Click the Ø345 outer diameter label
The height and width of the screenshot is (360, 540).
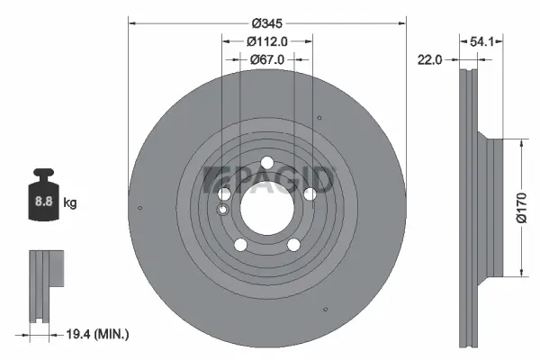point(267,21)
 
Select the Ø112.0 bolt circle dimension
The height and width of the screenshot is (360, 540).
point(267,40)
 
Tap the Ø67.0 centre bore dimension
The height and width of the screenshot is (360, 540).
point(267,59)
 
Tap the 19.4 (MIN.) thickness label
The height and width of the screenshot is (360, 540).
point(99,334)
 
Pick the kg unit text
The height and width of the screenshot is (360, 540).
point(70,203)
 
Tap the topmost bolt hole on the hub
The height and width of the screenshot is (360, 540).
point(267,163)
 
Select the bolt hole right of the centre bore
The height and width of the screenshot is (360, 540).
point(310,192)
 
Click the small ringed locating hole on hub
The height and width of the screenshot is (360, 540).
point(224,210)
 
